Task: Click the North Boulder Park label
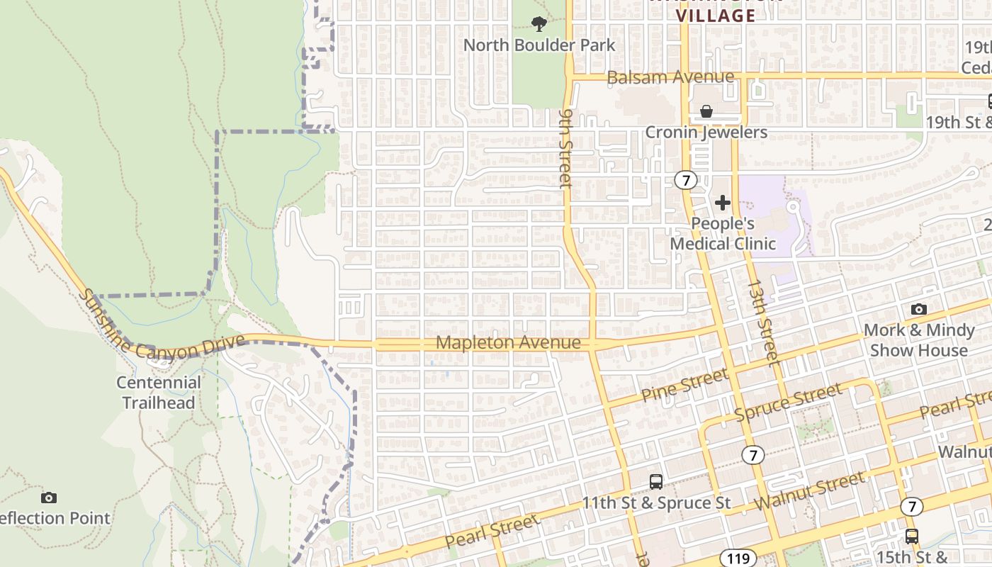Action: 539,45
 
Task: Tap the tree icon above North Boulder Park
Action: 539,24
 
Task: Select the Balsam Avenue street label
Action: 670,77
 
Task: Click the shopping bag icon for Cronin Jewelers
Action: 706,111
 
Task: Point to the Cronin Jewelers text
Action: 706,133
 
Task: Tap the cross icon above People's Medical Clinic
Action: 722,203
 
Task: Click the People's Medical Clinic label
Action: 723,234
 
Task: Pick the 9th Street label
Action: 565,147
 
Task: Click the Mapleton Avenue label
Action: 508,343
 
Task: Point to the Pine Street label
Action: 684,386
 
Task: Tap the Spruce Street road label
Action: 788,402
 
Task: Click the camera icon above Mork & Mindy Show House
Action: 918,310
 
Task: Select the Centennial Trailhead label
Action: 159,393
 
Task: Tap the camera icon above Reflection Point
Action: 49,498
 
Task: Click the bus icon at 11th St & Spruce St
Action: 656,482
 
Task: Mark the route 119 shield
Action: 738,558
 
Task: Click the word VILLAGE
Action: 716,16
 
